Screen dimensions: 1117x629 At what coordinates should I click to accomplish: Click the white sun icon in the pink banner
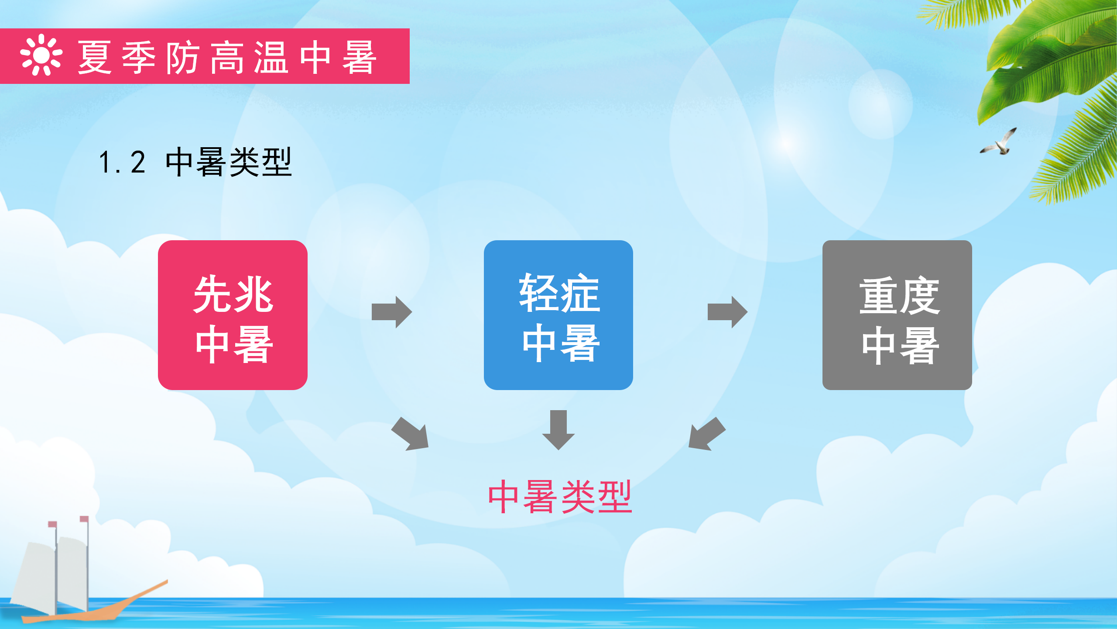[x=41, y=55]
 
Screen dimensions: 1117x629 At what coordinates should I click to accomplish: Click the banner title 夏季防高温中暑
[x=227, y=57]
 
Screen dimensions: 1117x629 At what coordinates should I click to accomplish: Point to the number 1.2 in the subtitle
[x=122, y=162]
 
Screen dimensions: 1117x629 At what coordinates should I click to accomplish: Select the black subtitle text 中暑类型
[x=229, y=162]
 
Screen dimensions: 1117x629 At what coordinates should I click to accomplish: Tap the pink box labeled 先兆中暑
[x=233, y=315]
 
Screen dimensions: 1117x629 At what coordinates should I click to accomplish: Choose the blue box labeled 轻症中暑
[x=558, y=315]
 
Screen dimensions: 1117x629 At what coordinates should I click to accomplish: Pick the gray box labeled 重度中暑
[x=897, y=315]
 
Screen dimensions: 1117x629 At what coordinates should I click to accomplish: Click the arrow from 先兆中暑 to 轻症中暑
[x=392, y=312]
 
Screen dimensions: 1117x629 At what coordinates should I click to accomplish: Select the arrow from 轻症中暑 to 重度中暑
[x=727, y=312]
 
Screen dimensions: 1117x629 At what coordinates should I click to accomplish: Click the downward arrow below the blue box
[x=558, y=430]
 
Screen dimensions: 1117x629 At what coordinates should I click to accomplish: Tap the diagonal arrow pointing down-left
[x=706, y=434]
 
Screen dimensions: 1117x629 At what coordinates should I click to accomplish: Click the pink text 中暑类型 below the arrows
[x=560, y=497]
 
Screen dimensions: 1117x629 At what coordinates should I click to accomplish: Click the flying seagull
[x=999, y=142]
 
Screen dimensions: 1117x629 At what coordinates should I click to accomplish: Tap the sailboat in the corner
[x=87, y=570]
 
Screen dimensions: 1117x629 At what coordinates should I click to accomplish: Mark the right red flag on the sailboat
[x=84, y=519]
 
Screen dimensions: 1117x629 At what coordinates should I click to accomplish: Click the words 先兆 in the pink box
[x=233, y=294]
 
